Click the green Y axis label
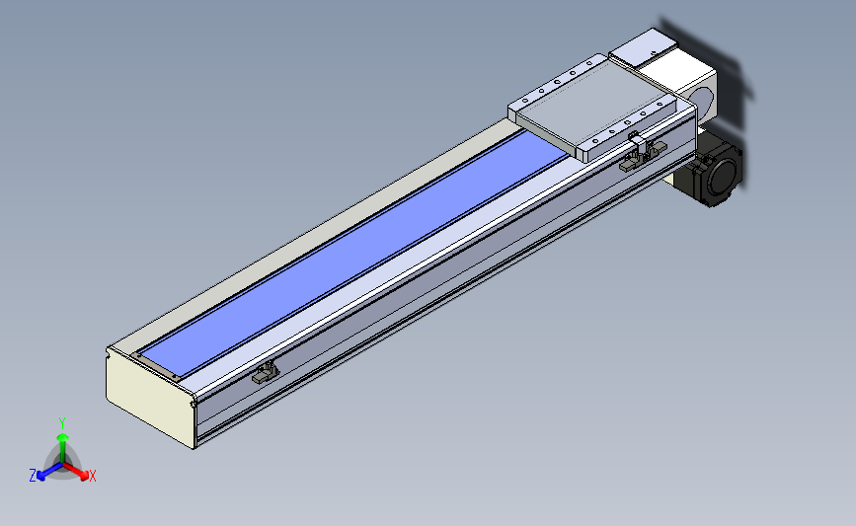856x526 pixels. (62, 423)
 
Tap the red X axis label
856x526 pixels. (92, 476)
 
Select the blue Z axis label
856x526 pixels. (33, 476)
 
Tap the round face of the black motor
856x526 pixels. (725, 174)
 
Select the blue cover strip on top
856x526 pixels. (352, 254)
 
